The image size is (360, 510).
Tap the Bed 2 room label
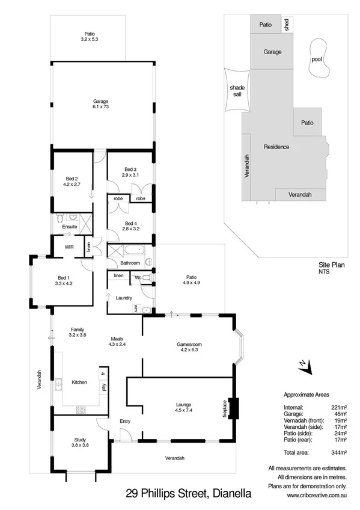(x=72, y=179)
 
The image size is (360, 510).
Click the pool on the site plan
(x=317, y=59)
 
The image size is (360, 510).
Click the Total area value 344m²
(x=340, y=452)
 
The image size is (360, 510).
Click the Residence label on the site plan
(x=276, y=147)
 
